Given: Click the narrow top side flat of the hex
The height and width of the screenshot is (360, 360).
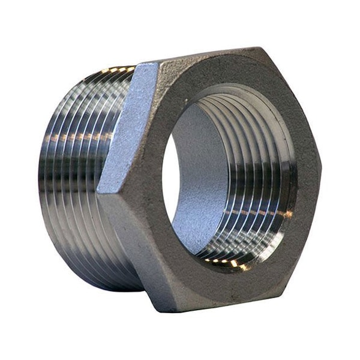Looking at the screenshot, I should (204, 55).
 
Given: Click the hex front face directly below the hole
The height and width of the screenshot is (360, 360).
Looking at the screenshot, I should (222, 282).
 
